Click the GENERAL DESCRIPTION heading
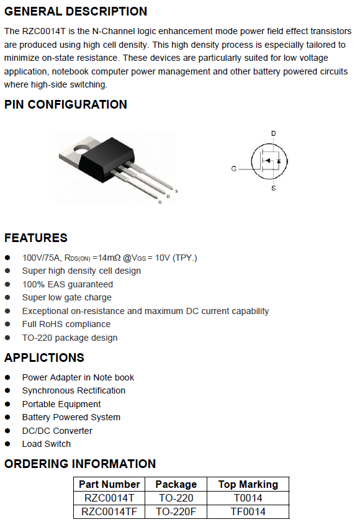76,12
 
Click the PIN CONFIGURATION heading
66,104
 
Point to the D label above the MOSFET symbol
273,133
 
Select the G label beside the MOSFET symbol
234,169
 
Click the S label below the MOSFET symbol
273,188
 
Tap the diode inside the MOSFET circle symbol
279,161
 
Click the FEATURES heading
36,238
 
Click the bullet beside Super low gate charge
7,297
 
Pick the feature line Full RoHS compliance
66,324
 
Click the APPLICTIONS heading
44,358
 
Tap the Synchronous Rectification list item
74,390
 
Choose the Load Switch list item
47,444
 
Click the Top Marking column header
248,484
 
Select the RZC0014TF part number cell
109,511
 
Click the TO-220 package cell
176,498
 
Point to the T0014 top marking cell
248,498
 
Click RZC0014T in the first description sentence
43,31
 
